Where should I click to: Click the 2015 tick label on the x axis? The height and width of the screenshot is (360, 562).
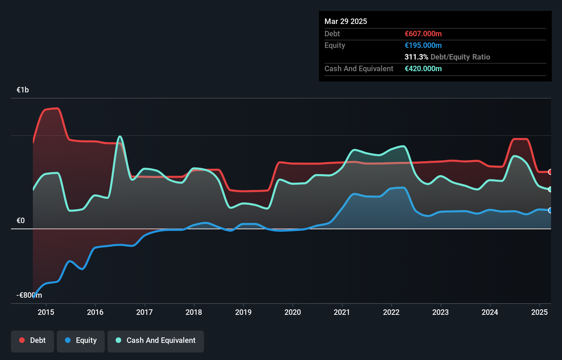point(46,312)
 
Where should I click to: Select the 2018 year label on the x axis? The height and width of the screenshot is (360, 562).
point(194,312)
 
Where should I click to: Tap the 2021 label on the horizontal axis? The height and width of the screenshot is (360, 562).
point(342,312)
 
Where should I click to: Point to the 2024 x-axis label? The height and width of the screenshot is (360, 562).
point(490,312)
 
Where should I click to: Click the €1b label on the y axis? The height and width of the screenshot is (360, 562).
point(23,90)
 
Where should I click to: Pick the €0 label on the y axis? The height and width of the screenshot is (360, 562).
point(21,221)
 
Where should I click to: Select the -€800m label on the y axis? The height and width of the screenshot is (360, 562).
point(29,295)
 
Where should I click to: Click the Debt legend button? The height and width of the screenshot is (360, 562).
point(33,340)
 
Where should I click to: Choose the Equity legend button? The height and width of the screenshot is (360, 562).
point(81,340)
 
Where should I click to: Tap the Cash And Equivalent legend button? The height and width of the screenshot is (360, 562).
point(156,340)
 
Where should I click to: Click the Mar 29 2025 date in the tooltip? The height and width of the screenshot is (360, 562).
point(346,22)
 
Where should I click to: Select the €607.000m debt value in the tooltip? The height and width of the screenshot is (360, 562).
point(423,34)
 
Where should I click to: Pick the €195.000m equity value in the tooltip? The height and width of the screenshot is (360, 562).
point(423,46)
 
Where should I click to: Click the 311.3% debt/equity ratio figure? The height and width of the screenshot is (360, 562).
point(416,57)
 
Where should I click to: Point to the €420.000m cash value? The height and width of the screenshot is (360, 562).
point(423,69)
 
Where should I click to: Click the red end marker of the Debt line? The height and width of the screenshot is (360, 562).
point(550,172)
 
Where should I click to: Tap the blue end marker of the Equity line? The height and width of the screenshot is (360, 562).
point(550,210)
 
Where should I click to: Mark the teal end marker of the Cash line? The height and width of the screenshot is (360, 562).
point(550,189)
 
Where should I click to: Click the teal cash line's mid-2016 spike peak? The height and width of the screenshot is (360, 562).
point(120,137)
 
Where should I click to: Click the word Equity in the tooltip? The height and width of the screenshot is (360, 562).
point(335,46)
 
